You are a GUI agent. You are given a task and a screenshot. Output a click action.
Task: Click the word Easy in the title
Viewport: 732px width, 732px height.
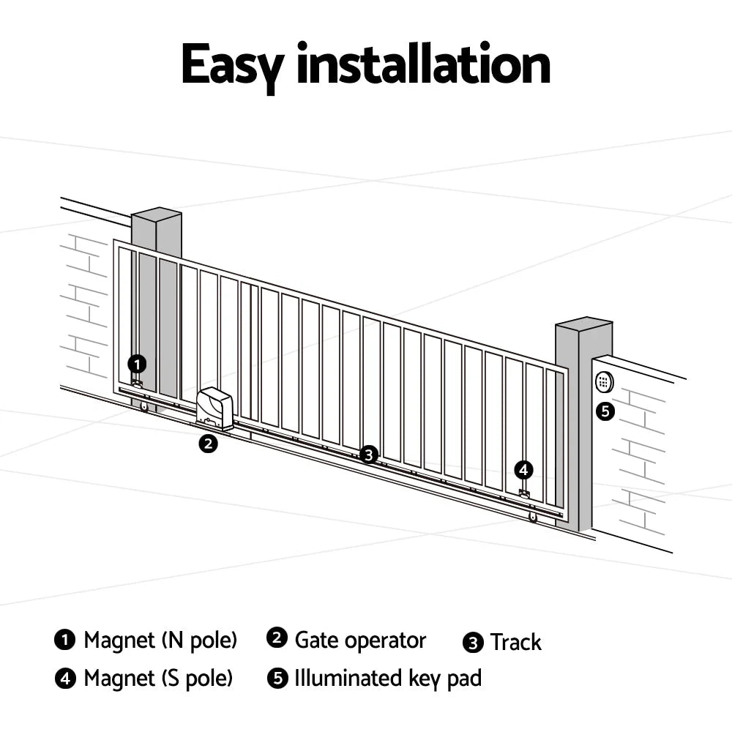232,66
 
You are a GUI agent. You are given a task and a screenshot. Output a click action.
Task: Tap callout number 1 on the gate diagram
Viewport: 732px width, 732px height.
137,363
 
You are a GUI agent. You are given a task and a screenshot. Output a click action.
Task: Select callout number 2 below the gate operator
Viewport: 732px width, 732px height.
209,443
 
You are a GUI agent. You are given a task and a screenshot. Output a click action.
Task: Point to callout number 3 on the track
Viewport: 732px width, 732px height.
369,455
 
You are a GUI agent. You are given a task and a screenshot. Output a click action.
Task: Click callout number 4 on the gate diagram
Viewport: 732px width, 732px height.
523,470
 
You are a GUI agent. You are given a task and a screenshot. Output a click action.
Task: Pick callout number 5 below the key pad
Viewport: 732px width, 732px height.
605,411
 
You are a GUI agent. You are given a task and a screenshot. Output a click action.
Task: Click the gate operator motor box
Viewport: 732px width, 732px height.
215,406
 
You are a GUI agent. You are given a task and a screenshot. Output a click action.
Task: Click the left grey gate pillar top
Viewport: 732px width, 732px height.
156,214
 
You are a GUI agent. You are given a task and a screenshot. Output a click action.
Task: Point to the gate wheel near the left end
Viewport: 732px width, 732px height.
145,407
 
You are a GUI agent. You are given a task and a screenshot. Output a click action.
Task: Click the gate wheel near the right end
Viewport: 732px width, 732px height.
532,518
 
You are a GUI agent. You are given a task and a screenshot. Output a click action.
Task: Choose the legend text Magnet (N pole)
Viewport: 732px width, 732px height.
160,640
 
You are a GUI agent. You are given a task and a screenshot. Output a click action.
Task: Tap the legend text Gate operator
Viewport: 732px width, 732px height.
360,640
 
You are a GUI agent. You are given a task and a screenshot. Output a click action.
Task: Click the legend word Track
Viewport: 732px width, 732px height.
515,643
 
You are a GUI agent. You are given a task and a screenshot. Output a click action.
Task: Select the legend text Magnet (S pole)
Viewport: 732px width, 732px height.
158,678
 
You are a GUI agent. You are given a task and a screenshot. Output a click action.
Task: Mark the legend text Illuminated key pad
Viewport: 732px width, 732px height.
388,678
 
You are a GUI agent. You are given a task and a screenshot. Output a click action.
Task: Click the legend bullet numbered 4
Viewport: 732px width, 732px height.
66,679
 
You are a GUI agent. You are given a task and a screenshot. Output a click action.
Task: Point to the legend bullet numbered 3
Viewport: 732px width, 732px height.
474,643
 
